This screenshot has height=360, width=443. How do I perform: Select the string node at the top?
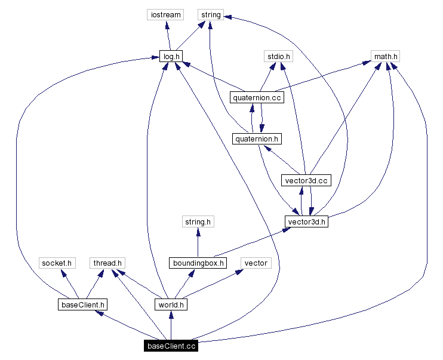pos(210,14)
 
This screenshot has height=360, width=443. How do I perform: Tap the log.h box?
pos(171,56)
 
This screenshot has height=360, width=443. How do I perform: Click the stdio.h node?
pos(278,56)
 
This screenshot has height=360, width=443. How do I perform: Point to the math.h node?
pos(385,56)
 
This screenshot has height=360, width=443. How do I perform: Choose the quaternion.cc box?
pos(257,97)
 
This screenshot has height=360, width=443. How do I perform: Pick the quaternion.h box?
pos(257,139)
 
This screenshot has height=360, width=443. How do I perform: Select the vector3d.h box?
pos(307,221)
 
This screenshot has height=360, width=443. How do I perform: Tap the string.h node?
pos(198,221)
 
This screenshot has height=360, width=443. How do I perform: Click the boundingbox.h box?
pos(198,263)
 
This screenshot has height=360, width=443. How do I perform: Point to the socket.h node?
pos(56,263)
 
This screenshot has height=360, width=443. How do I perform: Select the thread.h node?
pos(107,263)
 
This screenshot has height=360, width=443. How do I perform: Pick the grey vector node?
pos(256,263)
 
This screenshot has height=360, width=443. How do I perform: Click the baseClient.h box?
pos(82,304)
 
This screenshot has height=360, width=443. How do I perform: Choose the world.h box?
pos(171,304)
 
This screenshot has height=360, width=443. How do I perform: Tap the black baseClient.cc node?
pos(171,346)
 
